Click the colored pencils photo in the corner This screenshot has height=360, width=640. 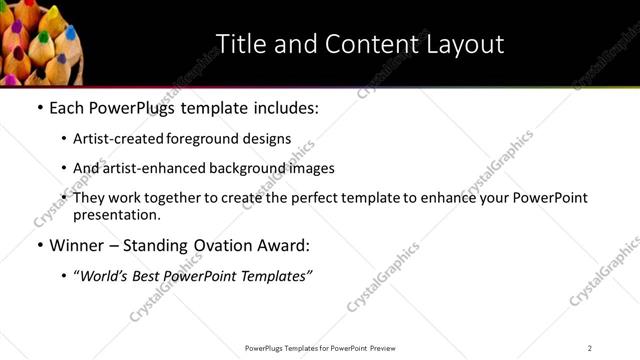[41, 40]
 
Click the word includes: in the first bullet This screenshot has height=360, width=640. [284, 108]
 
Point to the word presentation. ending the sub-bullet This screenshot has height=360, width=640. [116, 214]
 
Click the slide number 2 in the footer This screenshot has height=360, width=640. [590, 348]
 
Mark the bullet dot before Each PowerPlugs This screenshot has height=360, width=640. [39, 108]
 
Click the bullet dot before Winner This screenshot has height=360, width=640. [39, 245]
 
